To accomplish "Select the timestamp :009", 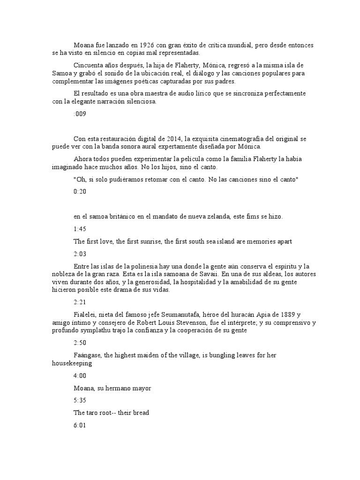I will coord(80,113).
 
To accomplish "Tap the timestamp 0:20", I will coord(80,191).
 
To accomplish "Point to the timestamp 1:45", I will coord(80,229).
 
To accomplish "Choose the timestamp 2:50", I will coord(80,343).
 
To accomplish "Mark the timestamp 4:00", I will coord(80,375).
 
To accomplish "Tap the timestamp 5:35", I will coord(80,400).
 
